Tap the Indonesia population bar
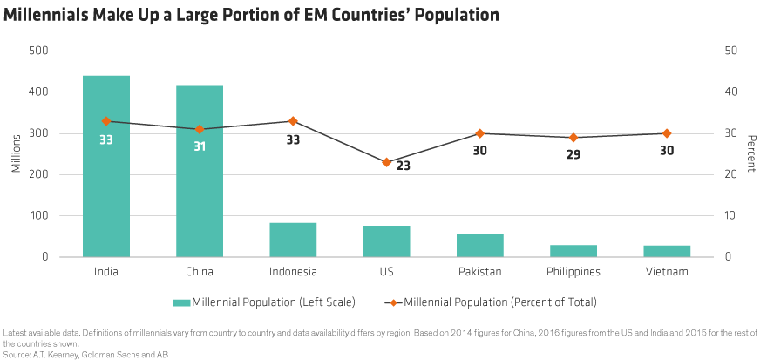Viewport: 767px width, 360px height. tap(293, 240)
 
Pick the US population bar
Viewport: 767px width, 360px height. tap(386, 241)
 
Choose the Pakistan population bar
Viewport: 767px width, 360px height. tap(480, 245)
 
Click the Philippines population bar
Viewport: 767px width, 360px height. tap(574, 251)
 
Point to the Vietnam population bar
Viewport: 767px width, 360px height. tap(667, 251)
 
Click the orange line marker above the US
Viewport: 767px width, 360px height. tap(386, 162)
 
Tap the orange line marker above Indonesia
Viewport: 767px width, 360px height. tap(293, 121)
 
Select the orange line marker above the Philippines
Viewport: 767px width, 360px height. tap(574, 138)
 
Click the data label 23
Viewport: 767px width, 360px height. tap(404, 166)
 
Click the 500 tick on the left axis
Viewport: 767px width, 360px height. tap(38, 51)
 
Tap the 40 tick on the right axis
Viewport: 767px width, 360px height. tap(731, 92)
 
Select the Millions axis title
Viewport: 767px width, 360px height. tap(17, 154)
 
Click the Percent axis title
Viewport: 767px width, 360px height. tap(751, 154)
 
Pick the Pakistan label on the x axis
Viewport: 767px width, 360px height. tap(480, 271)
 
